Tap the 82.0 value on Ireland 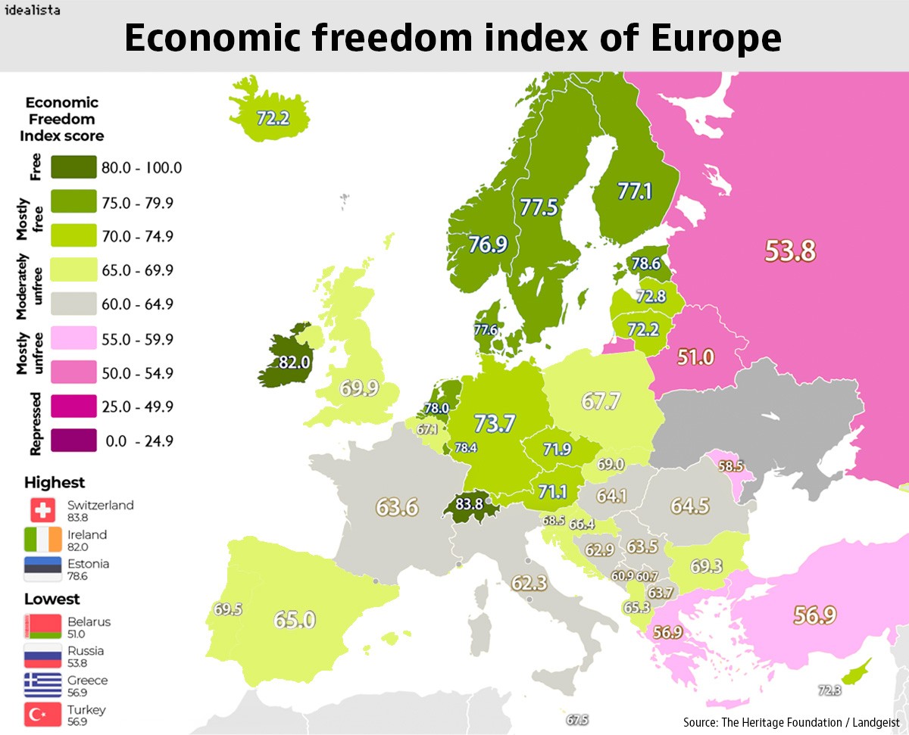point(295,363)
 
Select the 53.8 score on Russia point(789,251)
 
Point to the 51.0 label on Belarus point(695,357)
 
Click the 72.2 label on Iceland point(273,118)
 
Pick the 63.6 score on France point(398,506)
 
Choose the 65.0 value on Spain point(294,620)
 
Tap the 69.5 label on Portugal point(227,609)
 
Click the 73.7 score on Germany point(495,424)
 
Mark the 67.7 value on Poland point(601,400)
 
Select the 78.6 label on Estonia point(645,264)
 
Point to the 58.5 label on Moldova point(730,466)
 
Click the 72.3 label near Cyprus point(829,690)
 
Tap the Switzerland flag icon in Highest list point(43,510)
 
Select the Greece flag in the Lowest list point(43,685)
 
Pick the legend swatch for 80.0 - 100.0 point(73,167)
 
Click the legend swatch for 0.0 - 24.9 point(73,441)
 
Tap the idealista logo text point(33,10)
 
